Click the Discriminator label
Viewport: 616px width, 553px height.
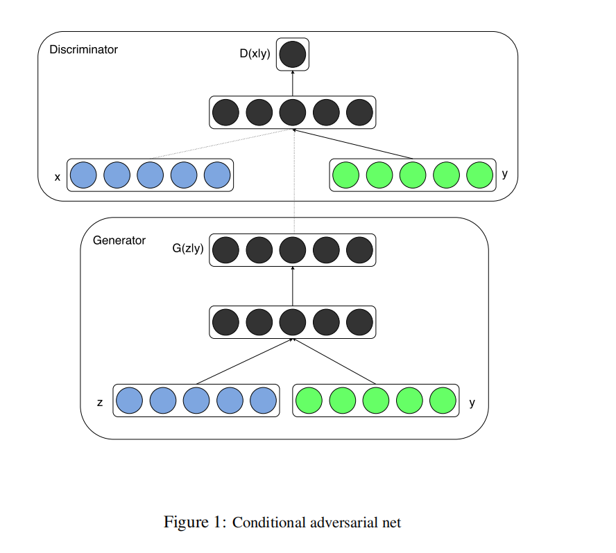83,50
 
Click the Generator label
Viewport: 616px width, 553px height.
119,240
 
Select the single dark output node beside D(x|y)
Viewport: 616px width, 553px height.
293,54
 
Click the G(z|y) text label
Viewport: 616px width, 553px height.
188,249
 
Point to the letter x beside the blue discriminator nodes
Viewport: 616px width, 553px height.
58,177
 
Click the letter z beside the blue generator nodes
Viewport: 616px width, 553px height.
100,403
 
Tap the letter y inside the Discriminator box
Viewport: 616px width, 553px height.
504,174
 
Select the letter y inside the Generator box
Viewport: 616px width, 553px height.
472,402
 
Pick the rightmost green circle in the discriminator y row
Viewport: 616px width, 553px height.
479,175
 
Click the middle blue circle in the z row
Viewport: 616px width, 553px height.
196,400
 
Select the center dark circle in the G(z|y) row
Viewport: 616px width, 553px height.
293,250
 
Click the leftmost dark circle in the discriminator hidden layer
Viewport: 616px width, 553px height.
225,112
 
